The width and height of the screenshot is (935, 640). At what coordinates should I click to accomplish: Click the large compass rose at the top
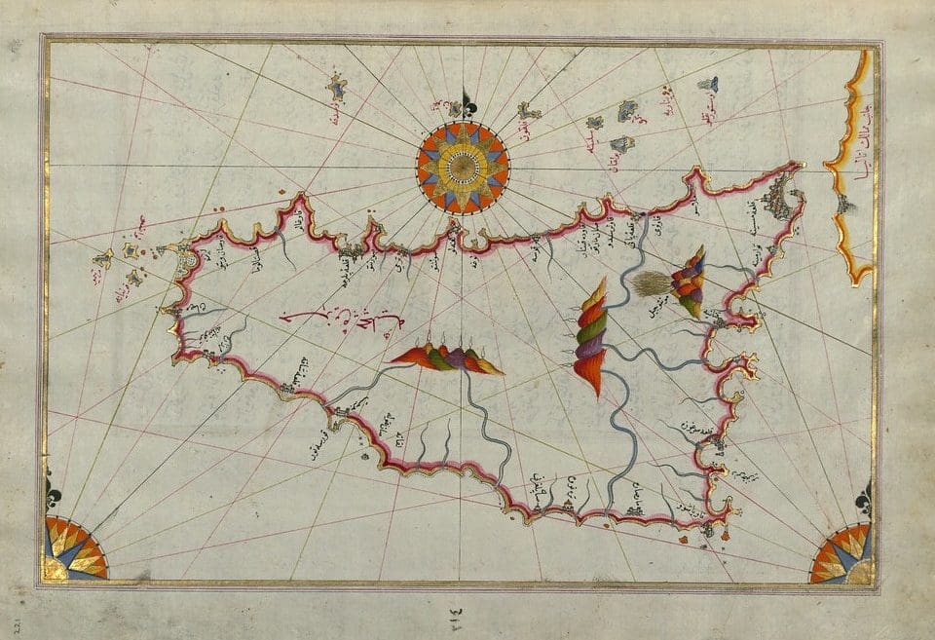[463, 168]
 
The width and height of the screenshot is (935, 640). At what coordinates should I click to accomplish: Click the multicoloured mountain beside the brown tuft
[692, 282]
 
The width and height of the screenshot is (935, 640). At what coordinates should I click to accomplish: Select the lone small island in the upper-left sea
[337, 89]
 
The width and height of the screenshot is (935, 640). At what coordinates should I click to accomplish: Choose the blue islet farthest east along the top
[708, 85]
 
